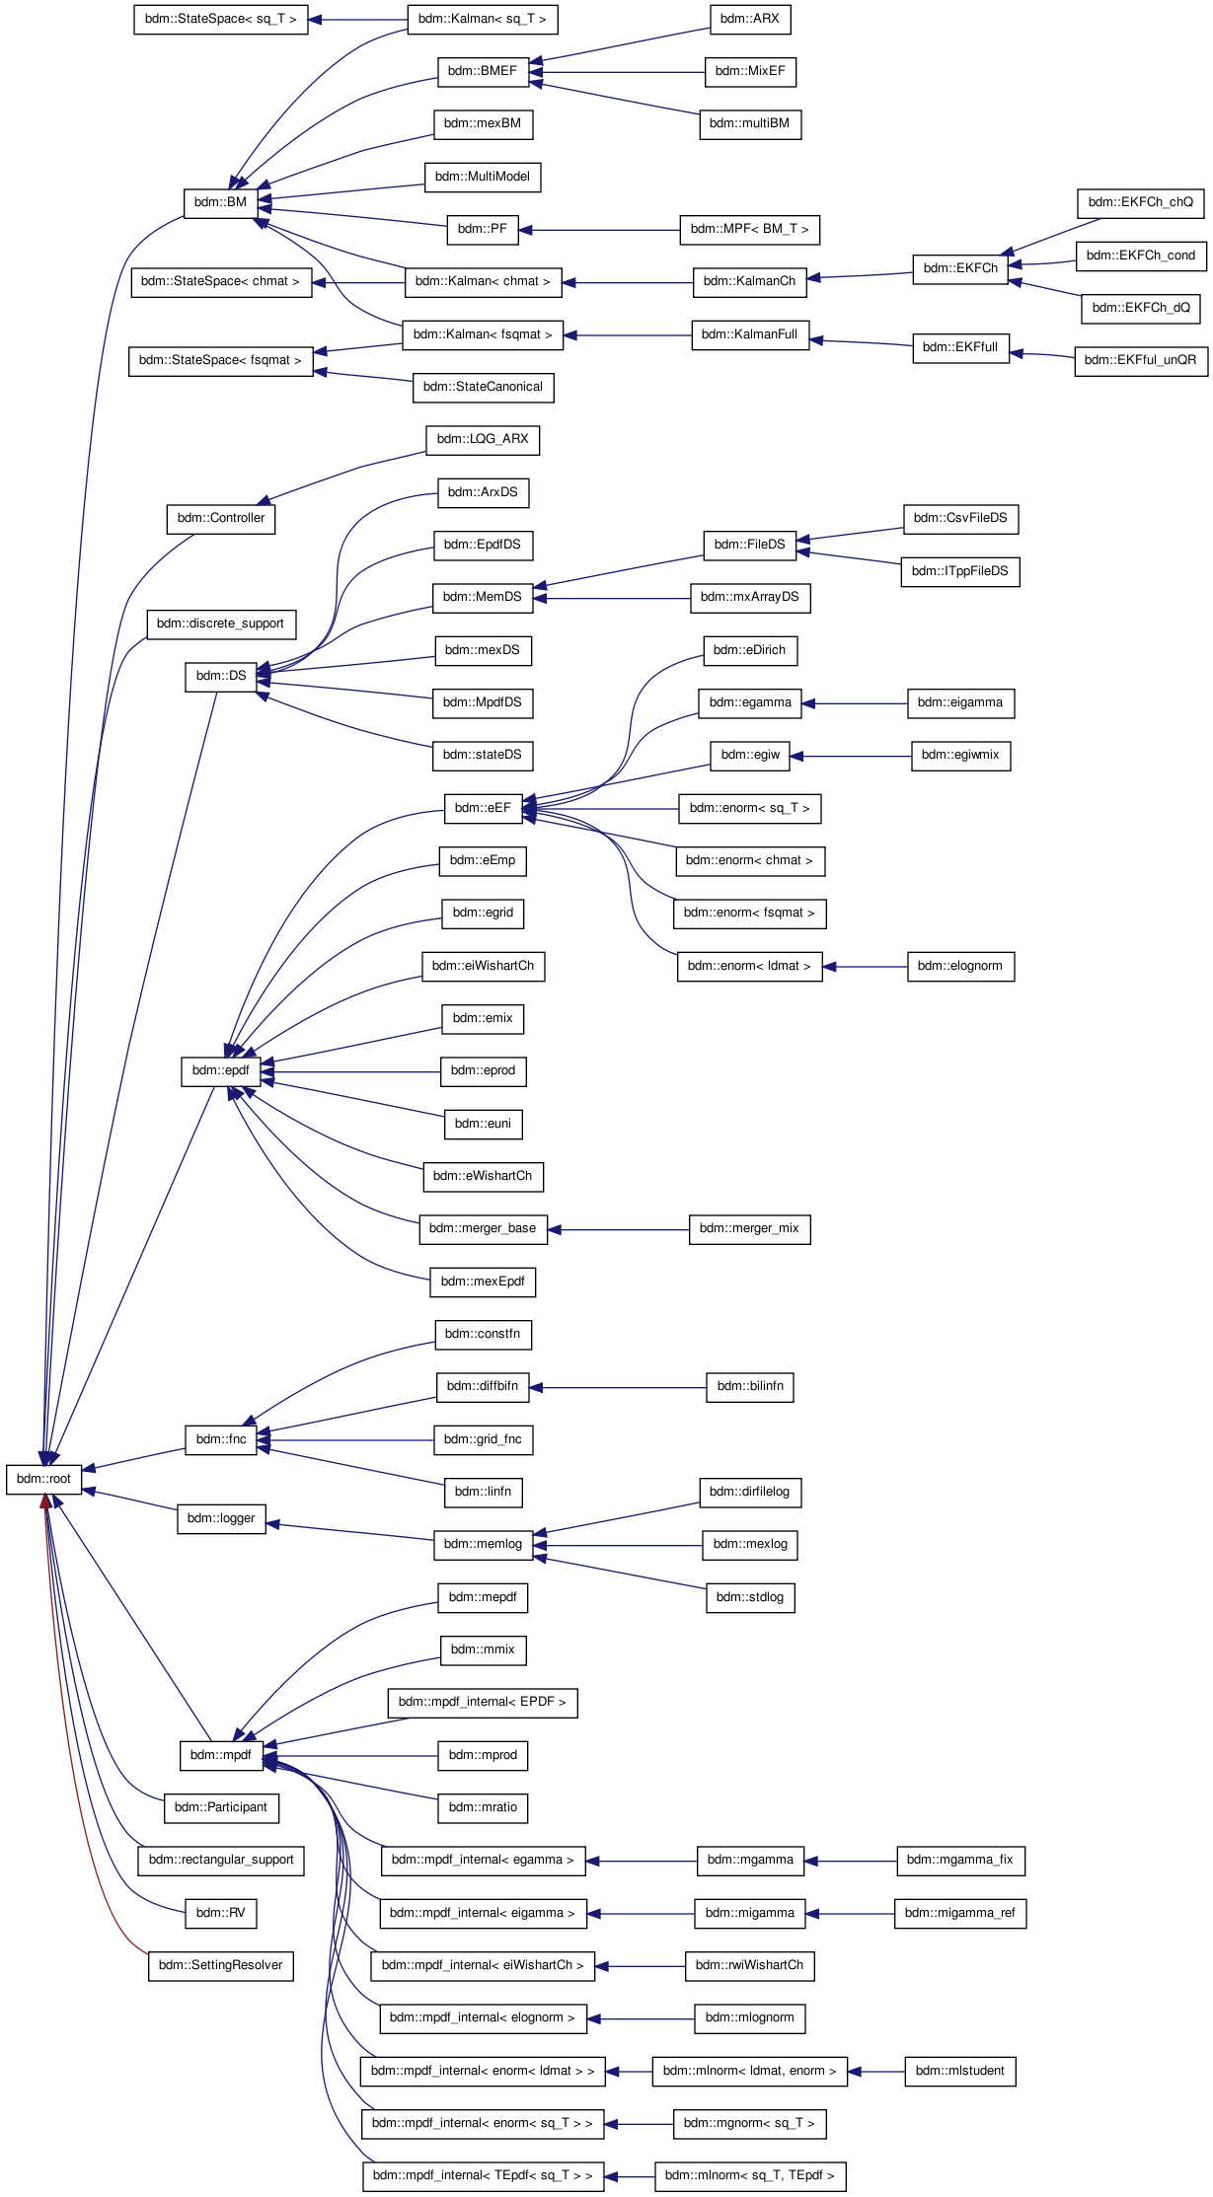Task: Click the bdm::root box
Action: [x=44, y=1479]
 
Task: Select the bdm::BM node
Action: [x=220, y=202]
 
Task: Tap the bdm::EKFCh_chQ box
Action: [x=1140, y=202]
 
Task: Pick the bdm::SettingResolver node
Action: [x=220, y=1965]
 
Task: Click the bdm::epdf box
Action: [x=220, y=1070]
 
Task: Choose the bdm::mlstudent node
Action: [x=959, y=2071]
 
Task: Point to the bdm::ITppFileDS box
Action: [x=959, y=571]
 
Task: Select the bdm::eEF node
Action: [x=483, y=808]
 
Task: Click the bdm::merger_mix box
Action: [x=749, y=1228]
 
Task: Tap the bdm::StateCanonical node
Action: [x=483, y=387]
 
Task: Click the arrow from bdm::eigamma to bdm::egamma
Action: [x=855, y=703]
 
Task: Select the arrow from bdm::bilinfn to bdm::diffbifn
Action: [x=618, y=1387]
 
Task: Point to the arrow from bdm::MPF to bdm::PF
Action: [x=599, y=230]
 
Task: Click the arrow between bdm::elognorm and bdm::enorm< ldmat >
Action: [x=865, y=967]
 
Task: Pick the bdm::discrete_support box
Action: [x=220, y=623]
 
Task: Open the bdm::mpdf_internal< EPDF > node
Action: [x=482, y=1702]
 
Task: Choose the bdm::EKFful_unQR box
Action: [x=1140, y=360]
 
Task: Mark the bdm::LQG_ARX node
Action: [x=483, y=439]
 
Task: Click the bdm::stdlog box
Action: [x=749, y=1597]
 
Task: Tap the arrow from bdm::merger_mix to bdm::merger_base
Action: [x=618, y=1229]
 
